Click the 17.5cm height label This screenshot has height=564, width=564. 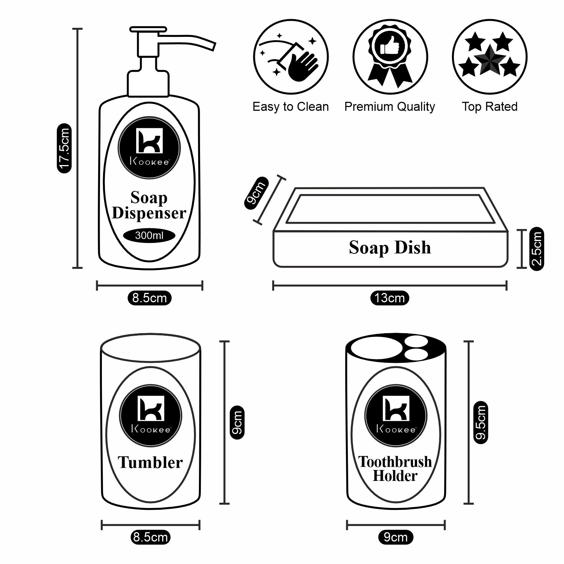(64, 148)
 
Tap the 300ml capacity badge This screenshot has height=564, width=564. (149, 236)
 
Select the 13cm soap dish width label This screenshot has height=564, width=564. (390, 298)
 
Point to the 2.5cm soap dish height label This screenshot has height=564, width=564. (537, 249)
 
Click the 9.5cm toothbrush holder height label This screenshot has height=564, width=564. (481, 422)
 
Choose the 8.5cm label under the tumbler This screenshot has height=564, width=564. (150, 537)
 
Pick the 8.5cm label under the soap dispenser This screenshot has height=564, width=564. (150, 298)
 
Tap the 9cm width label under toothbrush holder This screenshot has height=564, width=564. (396, 537)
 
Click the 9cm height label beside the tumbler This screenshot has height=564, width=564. (237, 422)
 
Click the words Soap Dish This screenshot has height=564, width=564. (390, 248)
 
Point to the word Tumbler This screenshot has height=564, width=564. (150, 462)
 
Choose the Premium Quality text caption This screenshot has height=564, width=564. (390, 107)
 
